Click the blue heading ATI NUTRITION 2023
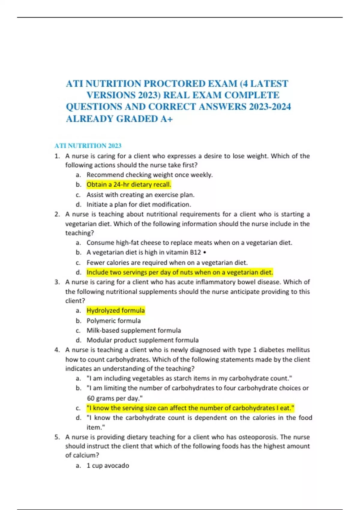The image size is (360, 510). (88, 146)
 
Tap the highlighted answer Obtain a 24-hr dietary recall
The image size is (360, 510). (129, 184)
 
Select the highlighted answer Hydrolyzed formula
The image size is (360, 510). (115, 310)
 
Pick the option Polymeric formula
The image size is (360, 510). (113, 321)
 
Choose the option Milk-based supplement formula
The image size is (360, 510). (133, 330)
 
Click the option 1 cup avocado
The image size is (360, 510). (108, 466)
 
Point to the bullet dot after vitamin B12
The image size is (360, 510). (205, 253)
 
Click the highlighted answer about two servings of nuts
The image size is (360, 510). (180, 272)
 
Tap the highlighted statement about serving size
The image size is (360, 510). (190, 408)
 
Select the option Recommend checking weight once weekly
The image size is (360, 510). (149, 175)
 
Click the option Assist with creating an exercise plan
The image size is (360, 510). (140, 195)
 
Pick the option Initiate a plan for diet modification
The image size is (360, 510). (139, 205)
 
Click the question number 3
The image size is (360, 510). (57, 282)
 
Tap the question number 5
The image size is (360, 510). (57, 437)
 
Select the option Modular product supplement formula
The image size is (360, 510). (142, 340)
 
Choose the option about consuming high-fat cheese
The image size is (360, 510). (189, 243)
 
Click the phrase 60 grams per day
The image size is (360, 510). (114, 398)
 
